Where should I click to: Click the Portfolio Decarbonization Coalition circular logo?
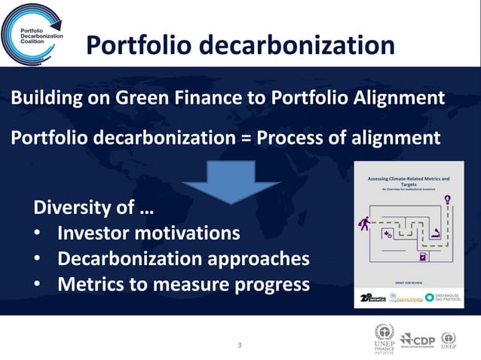[33, 35]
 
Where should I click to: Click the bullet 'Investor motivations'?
[149, 233]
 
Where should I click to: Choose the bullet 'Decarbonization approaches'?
[183, 258]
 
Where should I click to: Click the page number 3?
[240, 346]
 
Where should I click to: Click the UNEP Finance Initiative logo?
[384, 338]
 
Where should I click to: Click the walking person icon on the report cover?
[365, 223]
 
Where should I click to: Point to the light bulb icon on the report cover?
[448, 200]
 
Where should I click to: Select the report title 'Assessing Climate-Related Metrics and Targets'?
[408, 182]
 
